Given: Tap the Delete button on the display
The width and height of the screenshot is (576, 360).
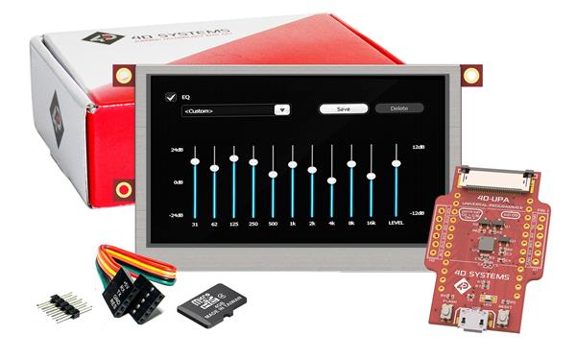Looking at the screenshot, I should pos(399,108).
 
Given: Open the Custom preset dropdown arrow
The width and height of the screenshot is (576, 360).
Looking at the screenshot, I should pos(282,110).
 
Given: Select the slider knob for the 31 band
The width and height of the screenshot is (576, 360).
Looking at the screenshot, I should pos(195,161).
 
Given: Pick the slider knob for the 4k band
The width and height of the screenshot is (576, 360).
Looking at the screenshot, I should pos(331,180).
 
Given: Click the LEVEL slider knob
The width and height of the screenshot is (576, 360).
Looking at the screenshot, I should pos(396,163).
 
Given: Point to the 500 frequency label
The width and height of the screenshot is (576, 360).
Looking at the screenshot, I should pos(273,224).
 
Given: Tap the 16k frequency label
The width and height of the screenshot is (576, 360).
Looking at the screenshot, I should pos(371,224).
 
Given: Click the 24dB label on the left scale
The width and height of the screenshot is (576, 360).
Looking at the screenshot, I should pos(177,150).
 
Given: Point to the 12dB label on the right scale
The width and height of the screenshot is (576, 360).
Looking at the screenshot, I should pos(418,147).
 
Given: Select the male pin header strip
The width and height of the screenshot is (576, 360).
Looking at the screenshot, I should pos(64,305).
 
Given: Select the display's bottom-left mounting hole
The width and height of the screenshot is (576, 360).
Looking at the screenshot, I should pos(123,189).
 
